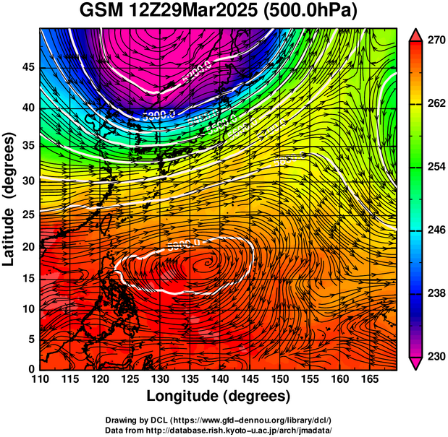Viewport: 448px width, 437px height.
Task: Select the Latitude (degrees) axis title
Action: coord(10,199)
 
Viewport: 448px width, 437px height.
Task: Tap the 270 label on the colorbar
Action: coord(435,40)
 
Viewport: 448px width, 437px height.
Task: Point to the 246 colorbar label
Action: coord(435,230)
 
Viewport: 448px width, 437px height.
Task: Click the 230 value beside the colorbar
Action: coord(435,356)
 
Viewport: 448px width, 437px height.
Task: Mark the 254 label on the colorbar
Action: coord(435,167)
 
